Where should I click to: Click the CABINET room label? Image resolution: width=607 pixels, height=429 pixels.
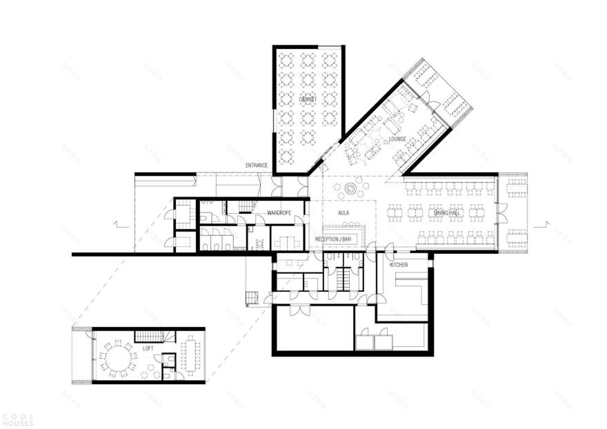308,100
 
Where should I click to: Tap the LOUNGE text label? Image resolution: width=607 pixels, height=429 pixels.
397,139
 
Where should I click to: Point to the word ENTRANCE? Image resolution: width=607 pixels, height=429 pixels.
257,166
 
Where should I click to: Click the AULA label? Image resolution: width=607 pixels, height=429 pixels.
343,213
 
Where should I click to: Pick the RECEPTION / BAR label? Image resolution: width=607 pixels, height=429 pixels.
334,239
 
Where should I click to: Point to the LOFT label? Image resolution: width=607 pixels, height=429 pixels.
148,349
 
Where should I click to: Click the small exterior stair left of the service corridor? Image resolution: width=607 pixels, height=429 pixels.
252,297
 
